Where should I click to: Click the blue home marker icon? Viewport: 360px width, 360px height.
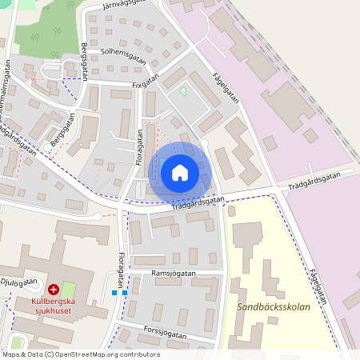[180, 172]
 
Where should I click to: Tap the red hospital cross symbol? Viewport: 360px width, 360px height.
[54, 290]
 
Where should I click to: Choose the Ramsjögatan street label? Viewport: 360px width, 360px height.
[174, 273]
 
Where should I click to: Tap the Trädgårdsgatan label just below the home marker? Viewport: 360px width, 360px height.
[197, 203]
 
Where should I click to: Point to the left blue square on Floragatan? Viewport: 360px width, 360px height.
[115, 293]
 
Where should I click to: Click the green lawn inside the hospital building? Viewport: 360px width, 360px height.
[69, 288]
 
